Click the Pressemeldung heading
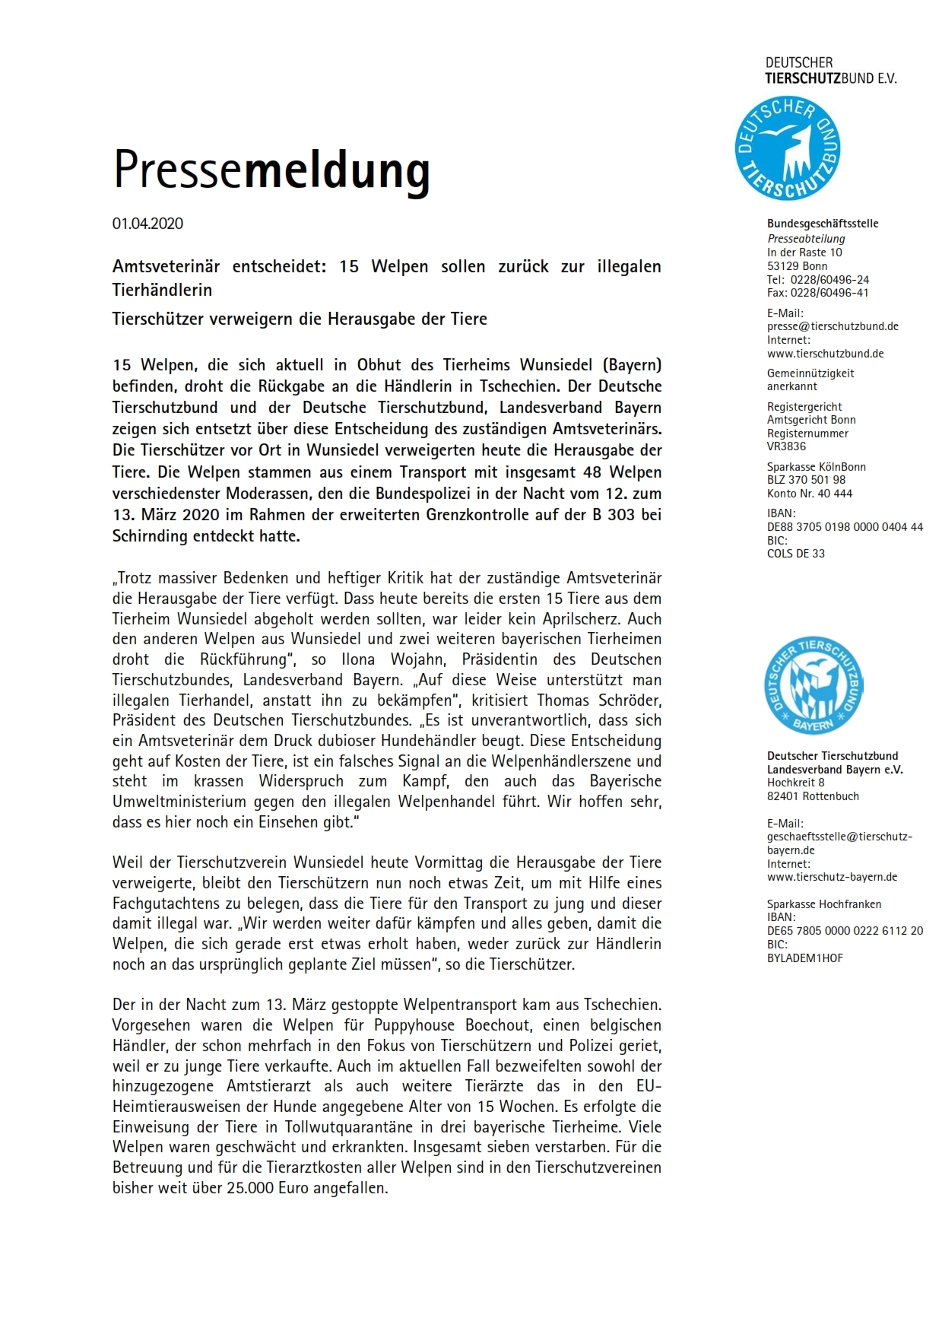[271, 170]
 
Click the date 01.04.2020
[147, 224]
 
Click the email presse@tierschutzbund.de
[833, 326]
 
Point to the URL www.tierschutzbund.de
[825, 354]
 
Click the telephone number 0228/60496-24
[829, 280]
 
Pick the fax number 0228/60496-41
[830, 293]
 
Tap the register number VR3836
[786, 446]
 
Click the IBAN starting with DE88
[845, 527]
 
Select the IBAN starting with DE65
[845, 931]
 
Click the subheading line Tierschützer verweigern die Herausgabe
[300, 319]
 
